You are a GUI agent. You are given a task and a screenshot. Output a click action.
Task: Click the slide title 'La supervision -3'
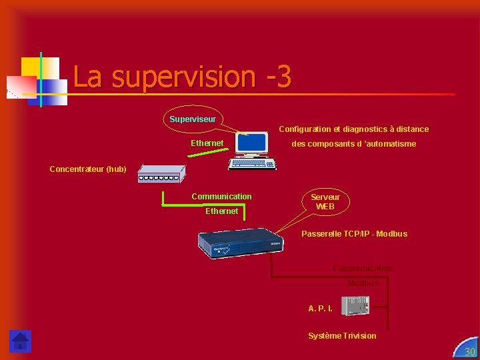coord(182,77)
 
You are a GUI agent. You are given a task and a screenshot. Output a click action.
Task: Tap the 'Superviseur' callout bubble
coord(193,119)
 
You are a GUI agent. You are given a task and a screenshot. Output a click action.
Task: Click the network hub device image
coord(161,173)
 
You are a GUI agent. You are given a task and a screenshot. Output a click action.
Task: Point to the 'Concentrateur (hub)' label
coord(88,169)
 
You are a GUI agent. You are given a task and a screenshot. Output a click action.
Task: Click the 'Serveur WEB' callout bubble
coord(325,201)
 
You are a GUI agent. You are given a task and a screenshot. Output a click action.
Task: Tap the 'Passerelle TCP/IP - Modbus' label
coord(354,234)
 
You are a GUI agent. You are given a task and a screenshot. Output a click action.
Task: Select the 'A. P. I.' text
coord(320,309)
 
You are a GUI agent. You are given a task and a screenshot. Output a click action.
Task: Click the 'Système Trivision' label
coord(342,336)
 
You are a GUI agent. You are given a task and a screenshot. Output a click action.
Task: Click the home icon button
coord(20,341)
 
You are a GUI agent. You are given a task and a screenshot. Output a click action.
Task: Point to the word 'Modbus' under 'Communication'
coord(363,283)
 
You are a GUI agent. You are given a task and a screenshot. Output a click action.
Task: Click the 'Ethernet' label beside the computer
coord(207,143)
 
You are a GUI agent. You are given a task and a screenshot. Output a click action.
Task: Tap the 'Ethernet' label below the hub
coord(221,211)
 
